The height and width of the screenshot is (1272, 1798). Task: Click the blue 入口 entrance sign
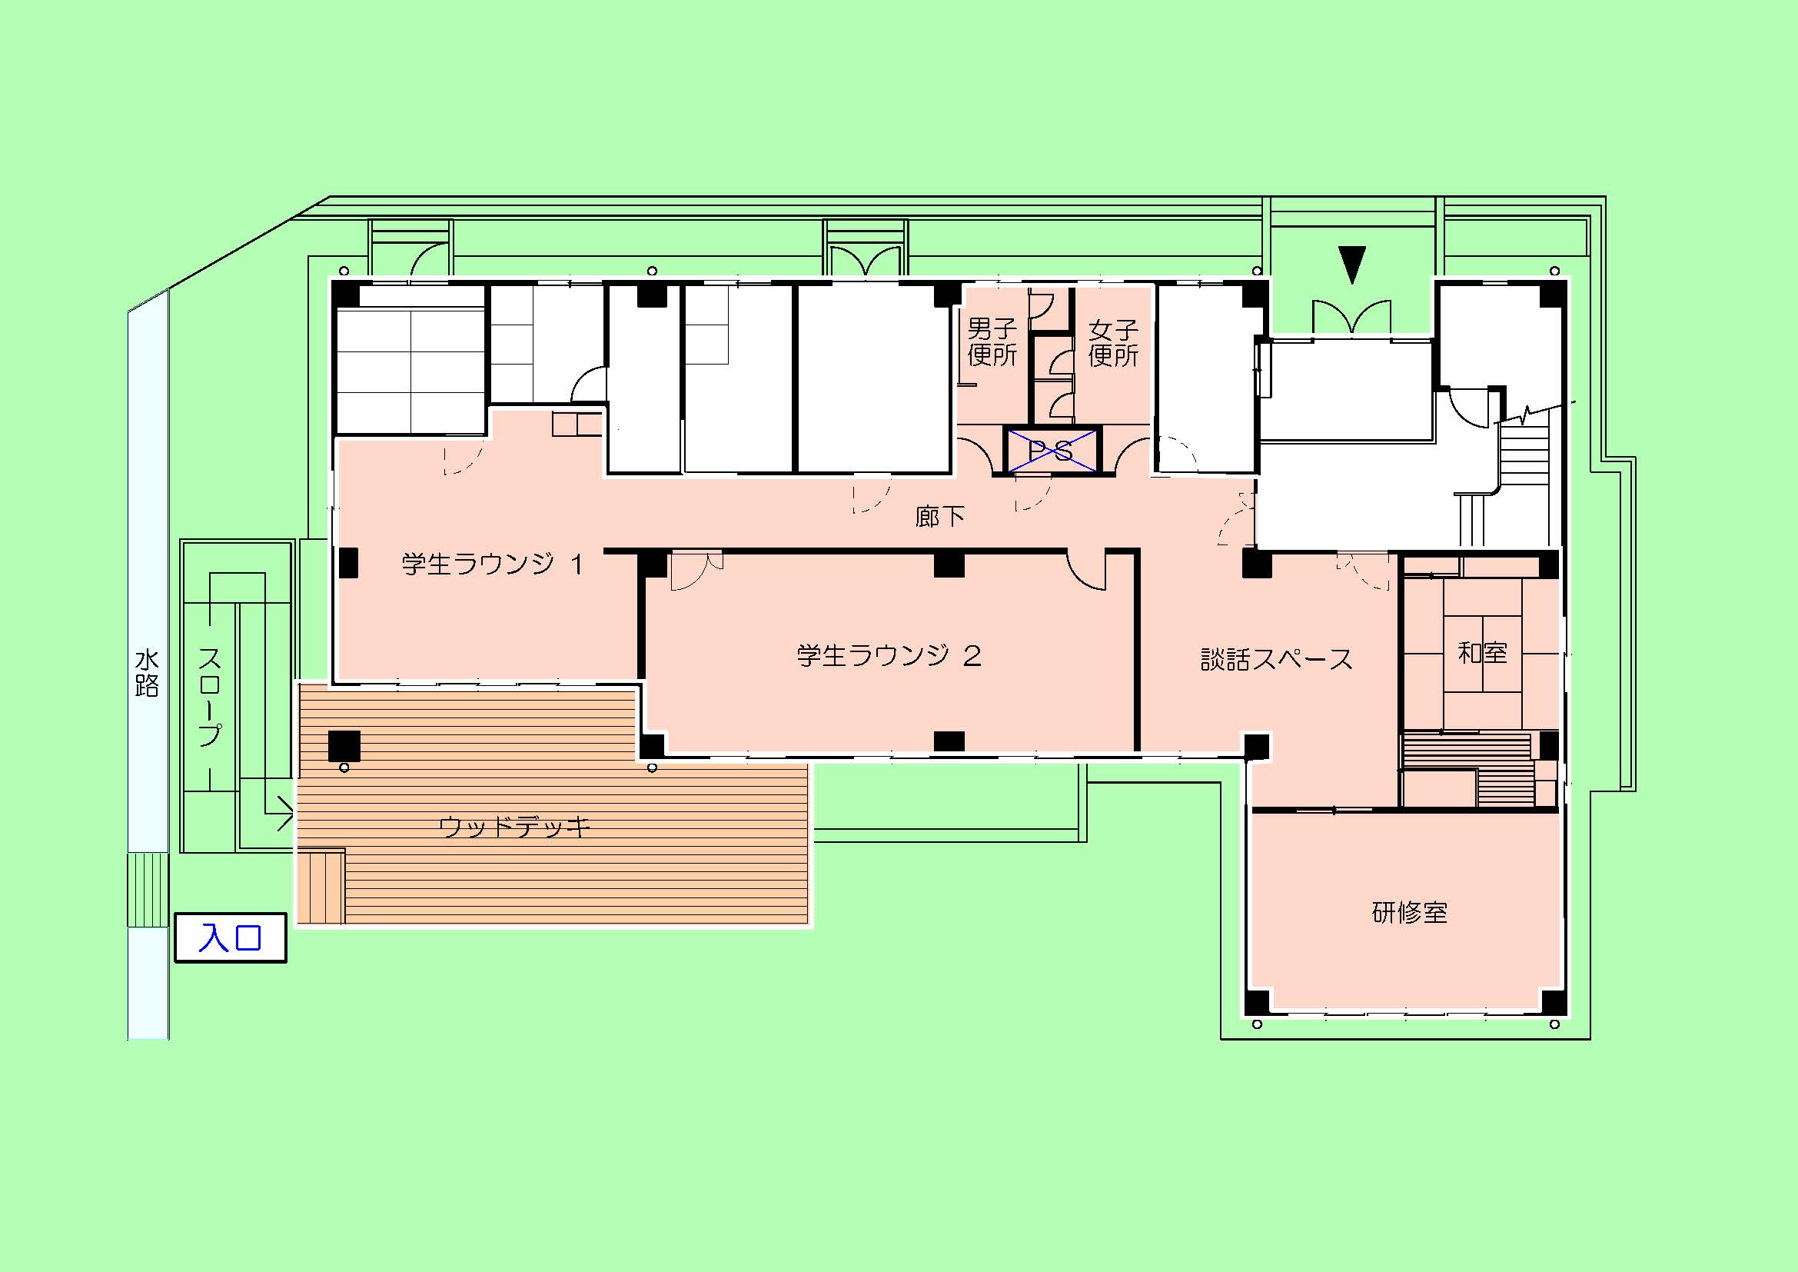(231, 937)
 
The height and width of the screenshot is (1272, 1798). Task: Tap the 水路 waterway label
(148, 673)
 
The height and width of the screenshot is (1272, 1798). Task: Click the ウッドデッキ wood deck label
(514, 826)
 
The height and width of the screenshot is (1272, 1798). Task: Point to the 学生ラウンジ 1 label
(493, 564)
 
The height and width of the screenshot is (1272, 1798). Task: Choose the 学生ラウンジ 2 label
(889, 654)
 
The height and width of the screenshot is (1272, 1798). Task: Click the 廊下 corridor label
(939, 516)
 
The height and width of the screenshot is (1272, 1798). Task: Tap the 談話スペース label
(1277, 659)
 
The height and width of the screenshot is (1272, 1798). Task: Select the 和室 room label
(1482, 652)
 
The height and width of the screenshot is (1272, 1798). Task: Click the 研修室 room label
(1410, 913)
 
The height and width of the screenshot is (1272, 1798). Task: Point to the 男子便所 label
(992, 341)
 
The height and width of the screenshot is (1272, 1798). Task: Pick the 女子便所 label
(1113, 342)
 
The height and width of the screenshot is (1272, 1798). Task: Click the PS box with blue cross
(1052, 451)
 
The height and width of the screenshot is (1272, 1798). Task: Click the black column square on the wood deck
(344, 746)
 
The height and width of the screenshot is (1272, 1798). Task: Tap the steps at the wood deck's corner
(321, 887)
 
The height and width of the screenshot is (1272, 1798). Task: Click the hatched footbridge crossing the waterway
(148, 889)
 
